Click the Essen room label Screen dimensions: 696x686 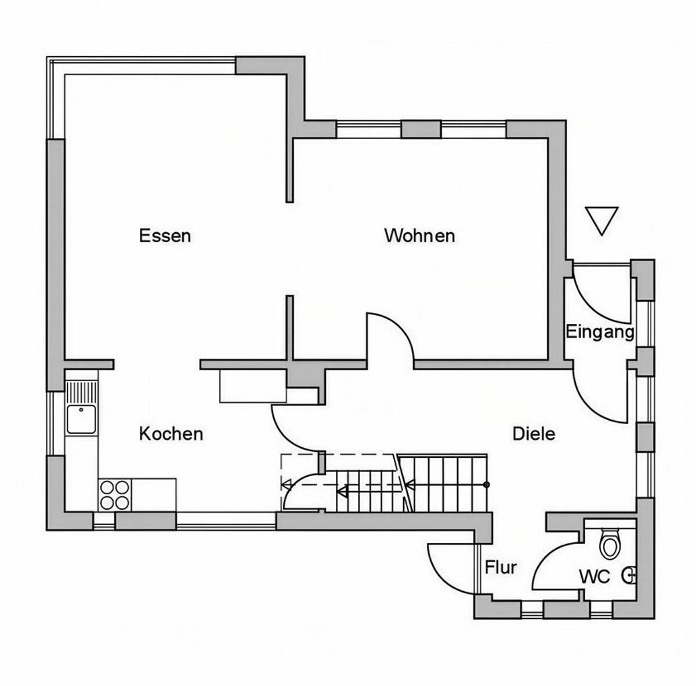[165, 236]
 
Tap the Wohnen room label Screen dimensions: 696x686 [419, 236]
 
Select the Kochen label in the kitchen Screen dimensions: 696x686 [171, 433]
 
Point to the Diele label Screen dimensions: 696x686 [534, 433]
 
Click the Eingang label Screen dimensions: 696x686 [600, 331]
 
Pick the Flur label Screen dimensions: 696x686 [501, 568]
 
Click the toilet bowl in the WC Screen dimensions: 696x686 [610, 544]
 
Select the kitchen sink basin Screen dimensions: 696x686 [81, 419]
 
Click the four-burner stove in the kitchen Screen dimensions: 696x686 [115, 495]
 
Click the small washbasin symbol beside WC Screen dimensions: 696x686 [629, 576]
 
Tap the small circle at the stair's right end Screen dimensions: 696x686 [487, 484]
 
